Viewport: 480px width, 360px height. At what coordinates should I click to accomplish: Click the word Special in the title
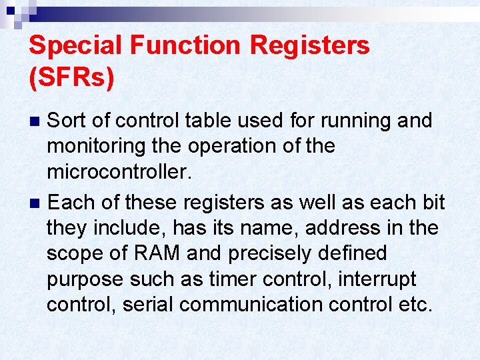coord(77,45)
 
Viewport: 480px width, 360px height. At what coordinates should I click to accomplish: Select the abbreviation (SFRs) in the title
coord(72,77)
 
